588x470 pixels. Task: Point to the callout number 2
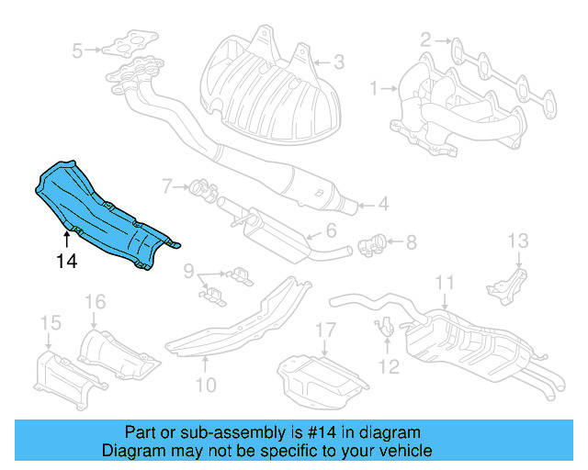click(426, 39)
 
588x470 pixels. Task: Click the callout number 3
click(78, 50)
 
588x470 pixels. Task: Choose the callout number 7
click(168, 186)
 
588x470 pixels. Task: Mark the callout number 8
click(411, 242)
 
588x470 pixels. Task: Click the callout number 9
click(187, 271)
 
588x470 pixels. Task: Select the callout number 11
click(445, 282)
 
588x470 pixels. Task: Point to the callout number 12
click(390, 366)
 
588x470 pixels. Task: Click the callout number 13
click(518, 241)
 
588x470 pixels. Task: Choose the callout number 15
click(50, 322)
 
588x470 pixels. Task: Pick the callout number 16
click(96, 301)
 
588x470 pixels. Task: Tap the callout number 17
click(327, 329)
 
